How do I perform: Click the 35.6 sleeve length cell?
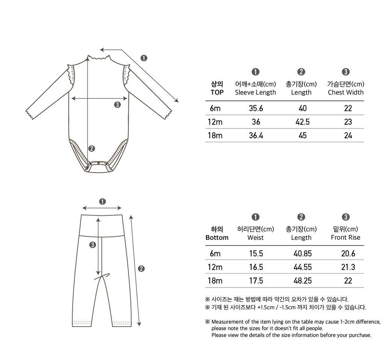click(x=256, y=108)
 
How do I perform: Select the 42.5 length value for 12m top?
click(x=302, y=122)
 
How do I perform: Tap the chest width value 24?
click(x=348, y=136)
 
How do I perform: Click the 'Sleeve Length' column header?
click(x=255, y=92)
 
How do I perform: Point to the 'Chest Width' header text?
click(x=346, y=92)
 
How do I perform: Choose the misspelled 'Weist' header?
click(x=255, y=237)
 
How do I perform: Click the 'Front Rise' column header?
click(x=346, y=237)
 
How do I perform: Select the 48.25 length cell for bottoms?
click(x=302, y=281)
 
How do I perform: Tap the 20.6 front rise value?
click(x=348, y=254)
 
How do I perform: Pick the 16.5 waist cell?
click(x=256, y=267)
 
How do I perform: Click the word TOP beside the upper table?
click(x=217, y=92)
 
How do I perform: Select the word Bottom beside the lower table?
click(x=217, y=237)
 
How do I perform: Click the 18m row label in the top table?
click(x=215, y=136)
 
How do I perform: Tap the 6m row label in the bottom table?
click(x=215, y=254)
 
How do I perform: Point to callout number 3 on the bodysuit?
click(x=117, y=105)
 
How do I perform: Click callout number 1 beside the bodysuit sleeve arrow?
click(x=144, y=58)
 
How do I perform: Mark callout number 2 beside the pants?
click(x=141, y=268)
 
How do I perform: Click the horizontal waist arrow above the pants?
click(x=102, y=208)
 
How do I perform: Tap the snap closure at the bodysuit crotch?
click(x=99, y=163)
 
